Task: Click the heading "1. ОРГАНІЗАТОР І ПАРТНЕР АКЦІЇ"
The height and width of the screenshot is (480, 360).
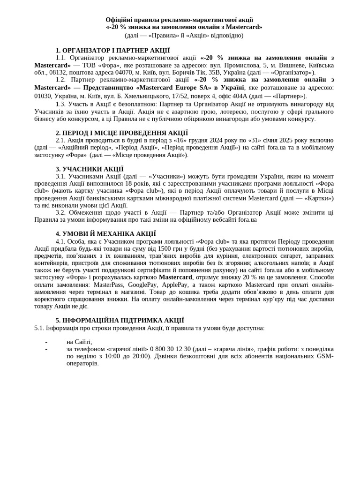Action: [x=112, y=51]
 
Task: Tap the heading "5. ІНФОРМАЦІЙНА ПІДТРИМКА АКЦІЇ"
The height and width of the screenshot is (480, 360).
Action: [x=120, y=321]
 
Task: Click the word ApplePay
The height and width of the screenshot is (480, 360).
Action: [x=175, y=285]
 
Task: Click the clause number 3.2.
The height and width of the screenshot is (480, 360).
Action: [x=60, y=212]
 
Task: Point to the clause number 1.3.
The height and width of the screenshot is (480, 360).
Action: [x=60, y=104]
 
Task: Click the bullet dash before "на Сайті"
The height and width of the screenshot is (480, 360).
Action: [x=46, y=342]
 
